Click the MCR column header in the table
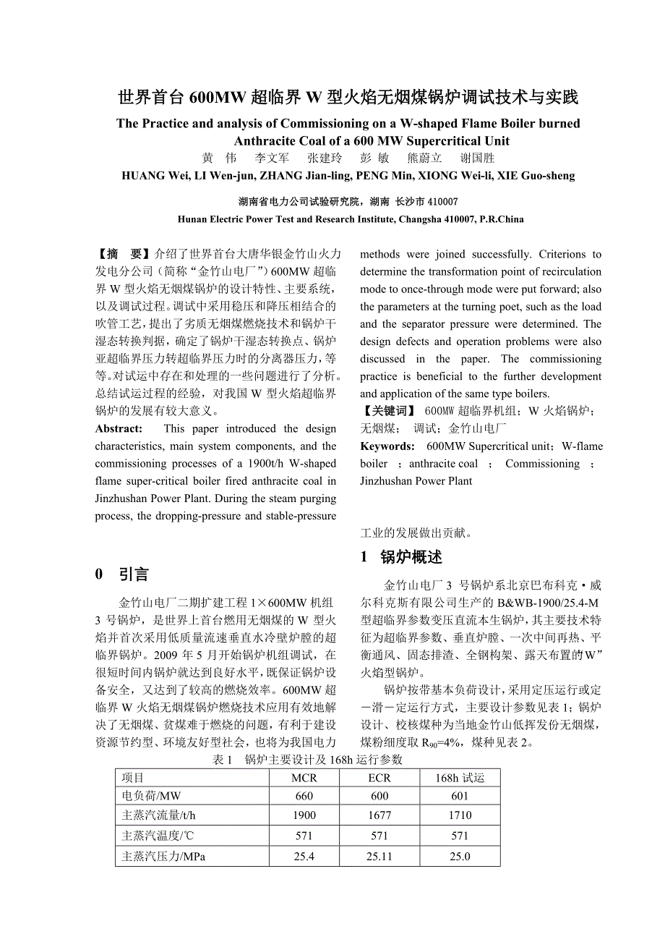(x=304, y=778)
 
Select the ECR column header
(x=379, y=778)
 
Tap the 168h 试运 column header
(x=459, y=778)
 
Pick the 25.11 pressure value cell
(x=379, y=857)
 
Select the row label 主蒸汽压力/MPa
(x=163, y=857)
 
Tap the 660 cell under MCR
(x=304, y=797)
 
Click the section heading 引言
(x=134, y=574)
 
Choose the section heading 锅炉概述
(x=411, y=557)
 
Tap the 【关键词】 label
(x=388, y=412)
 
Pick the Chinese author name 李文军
(x=272, y=158)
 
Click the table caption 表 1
(x=223, y=760)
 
